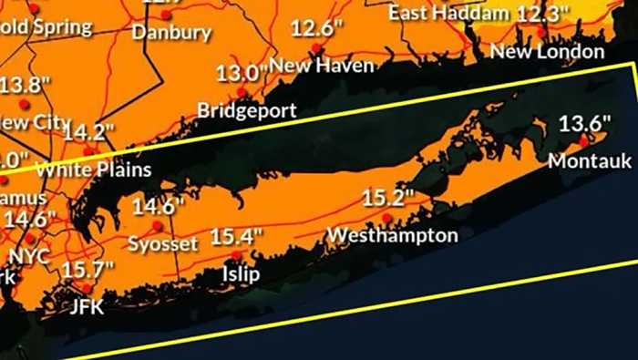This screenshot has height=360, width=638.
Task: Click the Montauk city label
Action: pos(590,161)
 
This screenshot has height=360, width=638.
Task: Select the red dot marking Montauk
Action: pos(583,141)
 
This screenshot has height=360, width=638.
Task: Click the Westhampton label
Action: pos(392,236)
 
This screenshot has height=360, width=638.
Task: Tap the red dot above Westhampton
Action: pos(387,218)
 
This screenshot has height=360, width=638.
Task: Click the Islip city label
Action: pos(242,274)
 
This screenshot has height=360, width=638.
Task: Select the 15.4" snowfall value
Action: pos(236,237)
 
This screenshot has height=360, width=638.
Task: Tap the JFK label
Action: pos(87,307)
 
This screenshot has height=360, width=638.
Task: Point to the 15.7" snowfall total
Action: pos(87,269)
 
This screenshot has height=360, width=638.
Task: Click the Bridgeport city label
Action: pos(247,111)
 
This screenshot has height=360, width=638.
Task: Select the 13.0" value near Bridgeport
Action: pos(241,73)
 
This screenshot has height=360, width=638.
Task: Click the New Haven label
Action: pos(322,66)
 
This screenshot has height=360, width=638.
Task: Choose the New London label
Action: pos(547,52)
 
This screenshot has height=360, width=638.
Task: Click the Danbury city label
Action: pos(171,33)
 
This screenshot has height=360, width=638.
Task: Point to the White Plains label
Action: pos(94,170)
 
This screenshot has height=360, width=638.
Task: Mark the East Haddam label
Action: pos(448,13)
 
